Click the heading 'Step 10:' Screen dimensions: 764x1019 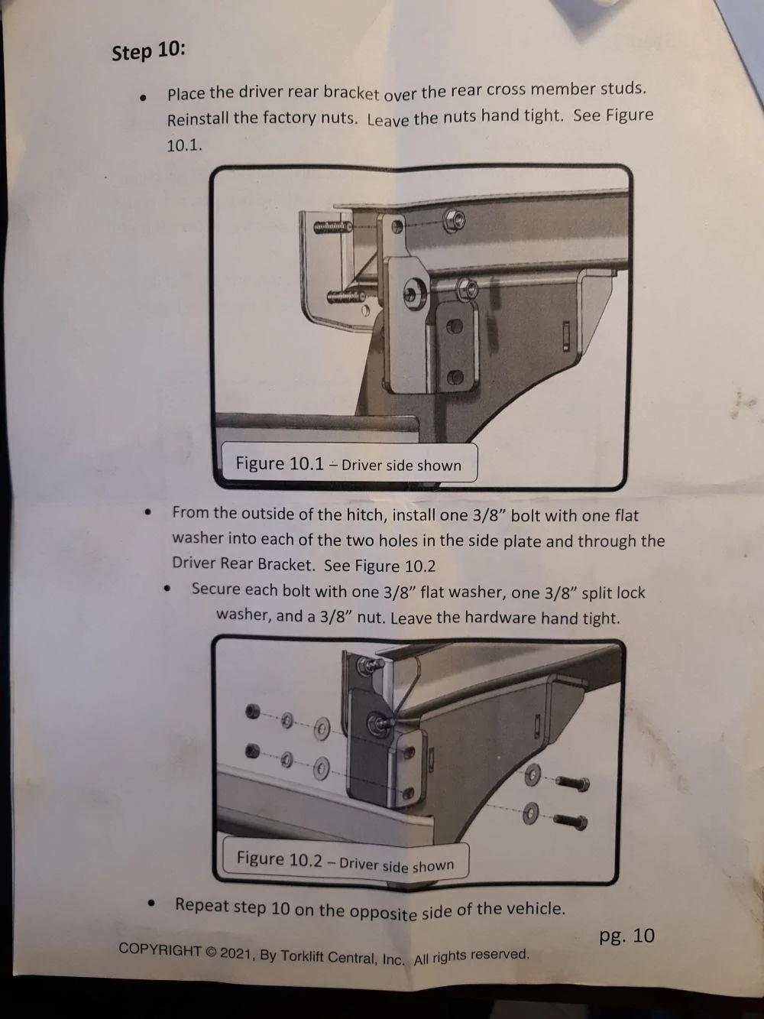click(x=148, y=51)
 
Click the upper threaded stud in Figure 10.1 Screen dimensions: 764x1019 click(x=332, y=227)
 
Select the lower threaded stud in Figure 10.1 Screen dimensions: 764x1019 click(x=346, y=297)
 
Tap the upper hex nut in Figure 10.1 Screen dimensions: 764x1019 click(x=454, y=220)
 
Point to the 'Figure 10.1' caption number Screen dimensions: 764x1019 click(x=280, y=462)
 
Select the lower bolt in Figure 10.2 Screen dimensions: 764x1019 click(x=571, y=821)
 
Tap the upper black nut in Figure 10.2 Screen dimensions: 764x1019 click(x=252, y=711)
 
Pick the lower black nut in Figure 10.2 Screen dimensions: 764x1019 click(x=252, y=751)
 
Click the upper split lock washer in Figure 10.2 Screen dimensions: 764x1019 click(x=287, y=720)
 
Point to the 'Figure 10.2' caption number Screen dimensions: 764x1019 click(x=279, y=858)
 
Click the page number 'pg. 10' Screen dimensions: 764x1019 click(x=626, y=935)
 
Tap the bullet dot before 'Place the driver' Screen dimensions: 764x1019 click(x=143, y=98)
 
